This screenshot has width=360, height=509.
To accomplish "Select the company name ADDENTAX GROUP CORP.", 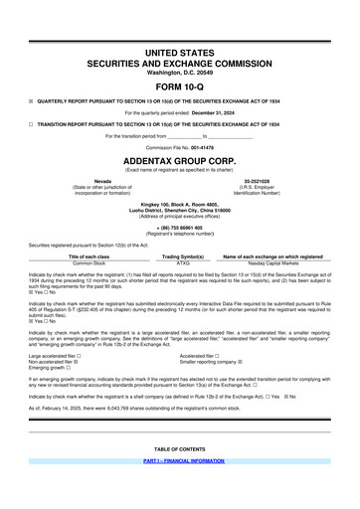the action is point(180,159).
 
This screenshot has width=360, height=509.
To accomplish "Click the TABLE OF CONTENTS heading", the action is point(180,476).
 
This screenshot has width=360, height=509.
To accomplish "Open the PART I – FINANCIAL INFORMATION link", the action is point(180,491).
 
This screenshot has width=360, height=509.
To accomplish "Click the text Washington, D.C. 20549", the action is point(180,71).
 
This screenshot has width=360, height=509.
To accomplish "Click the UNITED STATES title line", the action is point(180,50).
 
